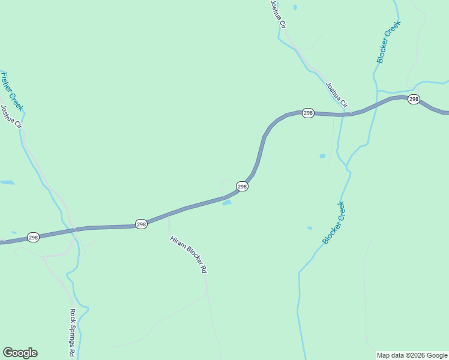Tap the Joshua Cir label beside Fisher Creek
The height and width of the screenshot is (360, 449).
pyautogui.click(x=11, y=118)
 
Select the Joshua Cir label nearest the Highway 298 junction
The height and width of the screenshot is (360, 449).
pyautogui.click(x=336, y=95)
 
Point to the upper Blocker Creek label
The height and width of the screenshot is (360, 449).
pyautogui.click(x=388, y=42)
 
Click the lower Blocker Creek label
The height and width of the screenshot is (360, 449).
pyautogui.click(x=334, y=223)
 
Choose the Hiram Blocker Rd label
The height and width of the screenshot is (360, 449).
pyautogui.click(x=188, y=254)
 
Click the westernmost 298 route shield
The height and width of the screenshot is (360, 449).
pyautogui.click(x=33, y=238)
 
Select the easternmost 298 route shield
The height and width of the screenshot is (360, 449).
pyautogui.click(x=414, y=99)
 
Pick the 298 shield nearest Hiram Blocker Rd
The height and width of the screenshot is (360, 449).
pyautogui.click(x=141, y=224)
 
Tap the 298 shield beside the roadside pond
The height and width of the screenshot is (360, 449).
pyautogui.click(x=242, y=187)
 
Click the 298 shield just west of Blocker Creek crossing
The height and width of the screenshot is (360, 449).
pyautogui.click(x=308, y=113)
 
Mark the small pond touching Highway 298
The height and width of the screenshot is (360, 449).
pyautogui.click(x=227, y=203)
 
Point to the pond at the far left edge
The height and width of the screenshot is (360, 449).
pyautogui.click(x=7, y=182)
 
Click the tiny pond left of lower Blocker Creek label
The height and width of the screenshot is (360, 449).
pyautogui.click(x=310, y=228)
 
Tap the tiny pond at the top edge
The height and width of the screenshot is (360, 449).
pyautogui.click(x=295, y=7)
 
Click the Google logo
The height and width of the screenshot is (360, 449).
pyautogui.click(x=20, y=353)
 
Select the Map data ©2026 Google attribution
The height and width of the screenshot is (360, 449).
pyautogui.click(x=412, y=355)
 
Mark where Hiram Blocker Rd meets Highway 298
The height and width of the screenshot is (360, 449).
pyautogui.click(x=169, y=214)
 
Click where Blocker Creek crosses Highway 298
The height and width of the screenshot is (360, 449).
pyautogui.click(x=343, y=114)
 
